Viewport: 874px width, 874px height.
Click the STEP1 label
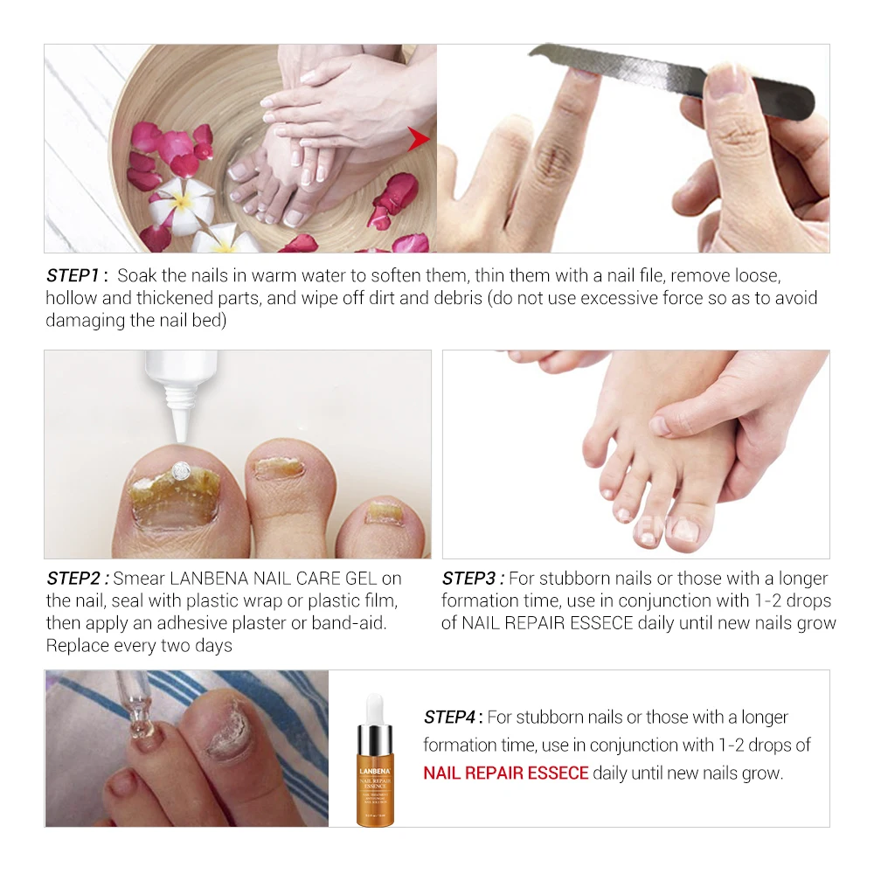coord(76,275)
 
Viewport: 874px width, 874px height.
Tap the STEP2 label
coord(78,579)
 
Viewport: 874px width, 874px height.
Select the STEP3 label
coord(473,579)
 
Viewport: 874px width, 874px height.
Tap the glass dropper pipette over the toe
coord(132,708)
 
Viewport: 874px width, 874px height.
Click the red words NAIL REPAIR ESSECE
coord(505,773)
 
